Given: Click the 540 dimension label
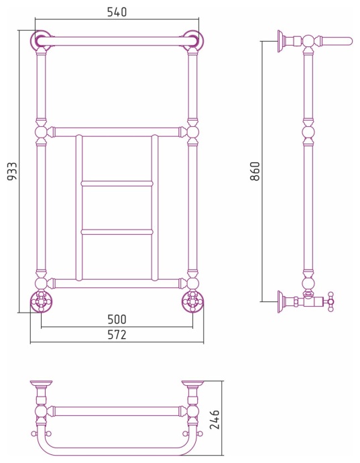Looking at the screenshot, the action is click(117, 12).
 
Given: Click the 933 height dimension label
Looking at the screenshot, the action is click(13, 171).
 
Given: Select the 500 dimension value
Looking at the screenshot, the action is click(117, 319).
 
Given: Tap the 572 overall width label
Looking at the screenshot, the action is click(117, 335).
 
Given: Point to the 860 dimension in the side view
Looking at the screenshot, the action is click(255, 171).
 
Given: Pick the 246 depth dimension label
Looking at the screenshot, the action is click(215, 419).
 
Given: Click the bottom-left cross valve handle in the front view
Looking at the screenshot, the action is click(42, 301).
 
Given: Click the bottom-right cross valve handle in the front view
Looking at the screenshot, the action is click(192, 301).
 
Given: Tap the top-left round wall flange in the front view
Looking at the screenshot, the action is click(40, 40).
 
